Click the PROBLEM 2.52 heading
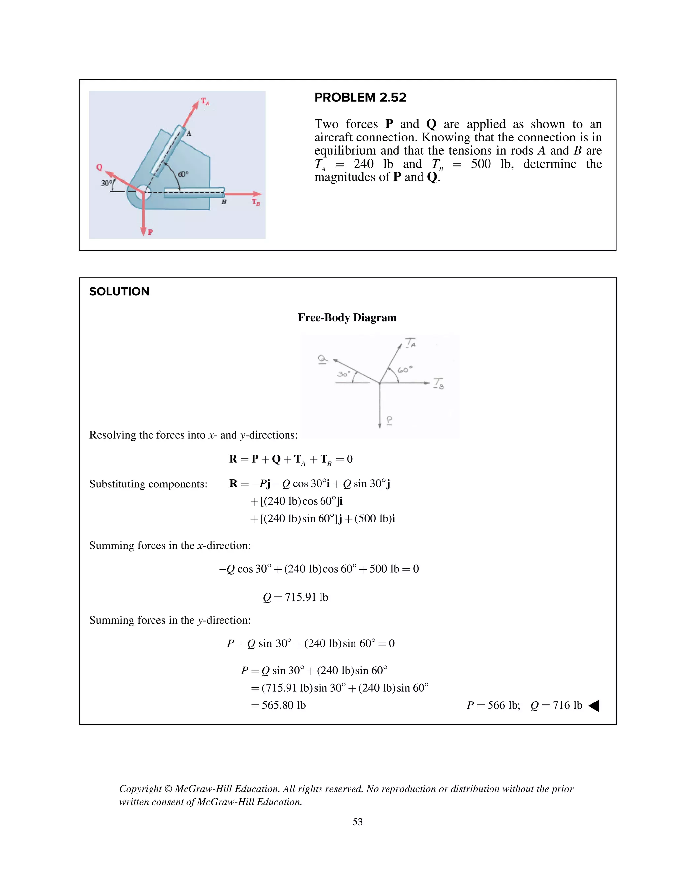click(x=360, y=97)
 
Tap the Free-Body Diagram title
click(x=347, y=317)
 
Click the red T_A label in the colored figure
click(x=205, y=101)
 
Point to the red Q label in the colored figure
click(x=99, y=167)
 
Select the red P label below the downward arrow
click(x=150, y=232)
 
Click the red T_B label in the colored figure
click(x=255, y=202)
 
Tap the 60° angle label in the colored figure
click(x=183, y=174)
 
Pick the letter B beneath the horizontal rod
click(x=224, y=203)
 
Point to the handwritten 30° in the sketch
click(x=343, y=374)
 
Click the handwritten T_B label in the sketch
click(x=439, y=383)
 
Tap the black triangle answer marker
click(x=593, y=705)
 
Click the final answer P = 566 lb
click(x=493, y=705)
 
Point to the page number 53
click(x=357, y=822)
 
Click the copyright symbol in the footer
click(x=168, y=789)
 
